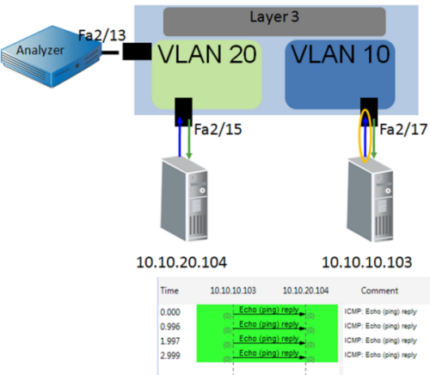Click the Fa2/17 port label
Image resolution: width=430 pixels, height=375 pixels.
tap(402, 132)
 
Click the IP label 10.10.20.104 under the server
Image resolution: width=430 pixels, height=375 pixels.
tap(183, 261)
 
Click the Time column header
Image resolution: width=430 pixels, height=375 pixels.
tap(170, 291)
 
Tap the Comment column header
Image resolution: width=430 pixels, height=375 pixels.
tap(380, 291)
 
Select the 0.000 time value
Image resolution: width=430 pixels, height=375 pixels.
tap(172, 313)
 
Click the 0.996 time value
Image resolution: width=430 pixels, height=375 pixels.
tap(172, 327)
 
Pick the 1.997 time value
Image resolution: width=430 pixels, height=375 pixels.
tap(172, 341)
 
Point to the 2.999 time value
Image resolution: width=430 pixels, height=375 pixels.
tap(172, 354)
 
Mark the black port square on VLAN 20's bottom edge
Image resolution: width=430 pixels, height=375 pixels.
tap(184, 110)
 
